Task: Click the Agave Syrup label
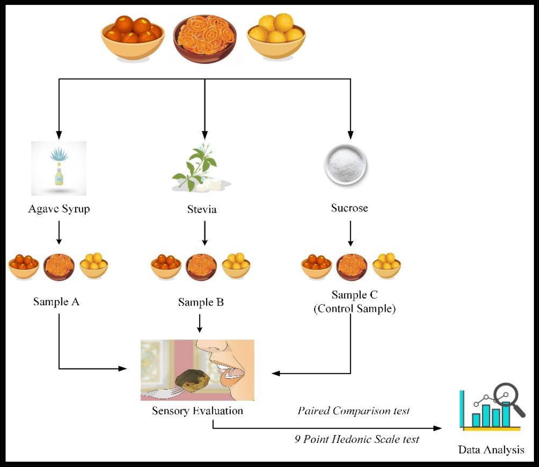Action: point(59,209)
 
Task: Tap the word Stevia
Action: point(202,210)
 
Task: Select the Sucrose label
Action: point(349,208)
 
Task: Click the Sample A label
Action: point(56,302)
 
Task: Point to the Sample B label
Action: point(201,302)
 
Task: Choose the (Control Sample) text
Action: point(354,309)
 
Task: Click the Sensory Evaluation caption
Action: point(197,411)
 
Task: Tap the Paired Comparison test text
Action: point(353,411)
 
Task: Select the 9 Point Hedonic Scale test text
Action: point(357,439)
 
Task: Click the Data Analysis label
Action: point(491,450)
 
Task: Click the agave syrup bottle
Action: point(59,177)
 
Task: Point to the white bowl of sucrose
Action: point(345,164)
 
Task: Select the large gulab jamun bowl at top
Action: point(133,37)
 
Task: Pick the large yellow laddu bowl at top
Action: point(276,36)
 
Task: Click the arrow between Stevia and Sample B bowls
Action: point(205,233)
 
